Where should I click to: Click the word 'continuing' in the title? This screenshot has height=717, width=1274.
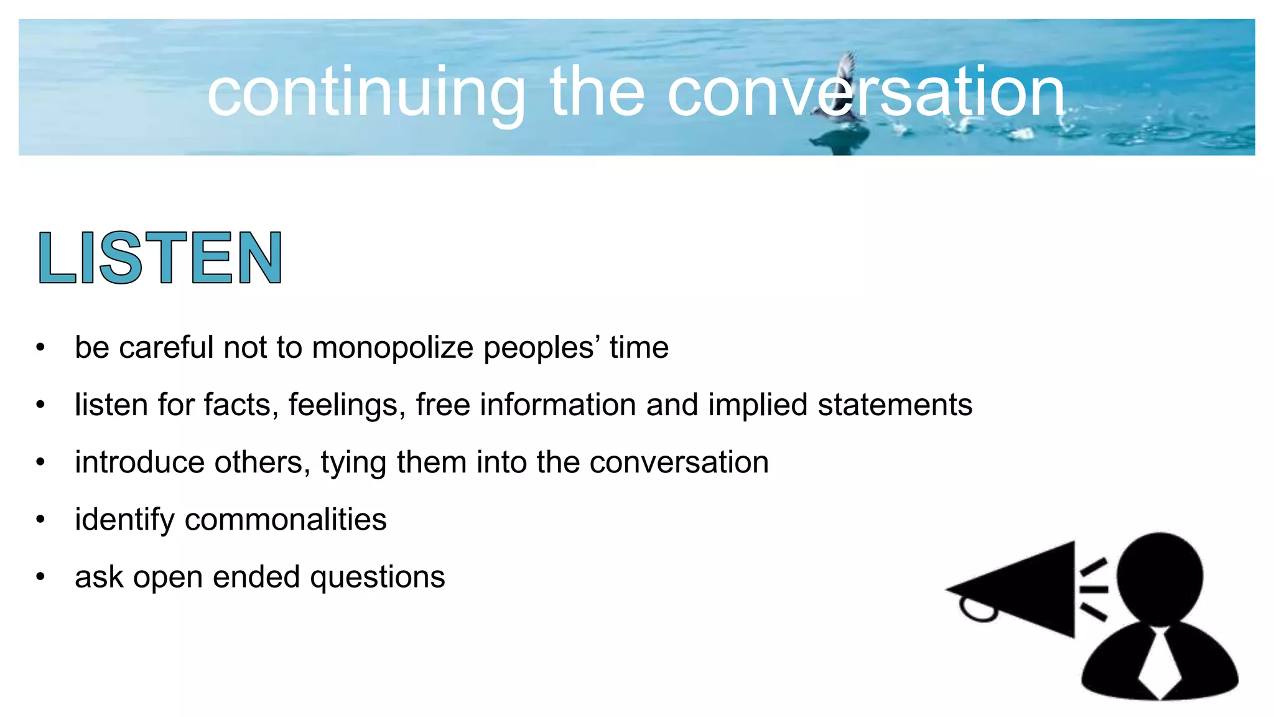coord(366,93)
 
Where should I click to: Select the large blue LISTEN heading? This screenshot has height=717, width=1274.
coord(160,258)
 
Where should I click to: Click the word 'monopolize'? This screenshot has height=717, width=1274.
coord(393,347)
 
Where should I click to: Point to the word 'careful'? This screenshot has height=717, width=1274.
coord(166,347)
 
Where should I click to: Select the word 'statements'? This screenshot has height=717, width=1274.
coord(895,405)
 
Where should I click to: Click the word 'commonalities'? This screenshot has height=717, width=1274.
coord(286,520)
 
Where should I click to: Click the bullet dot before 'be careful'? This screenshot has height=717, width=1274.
coord(40,347)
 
